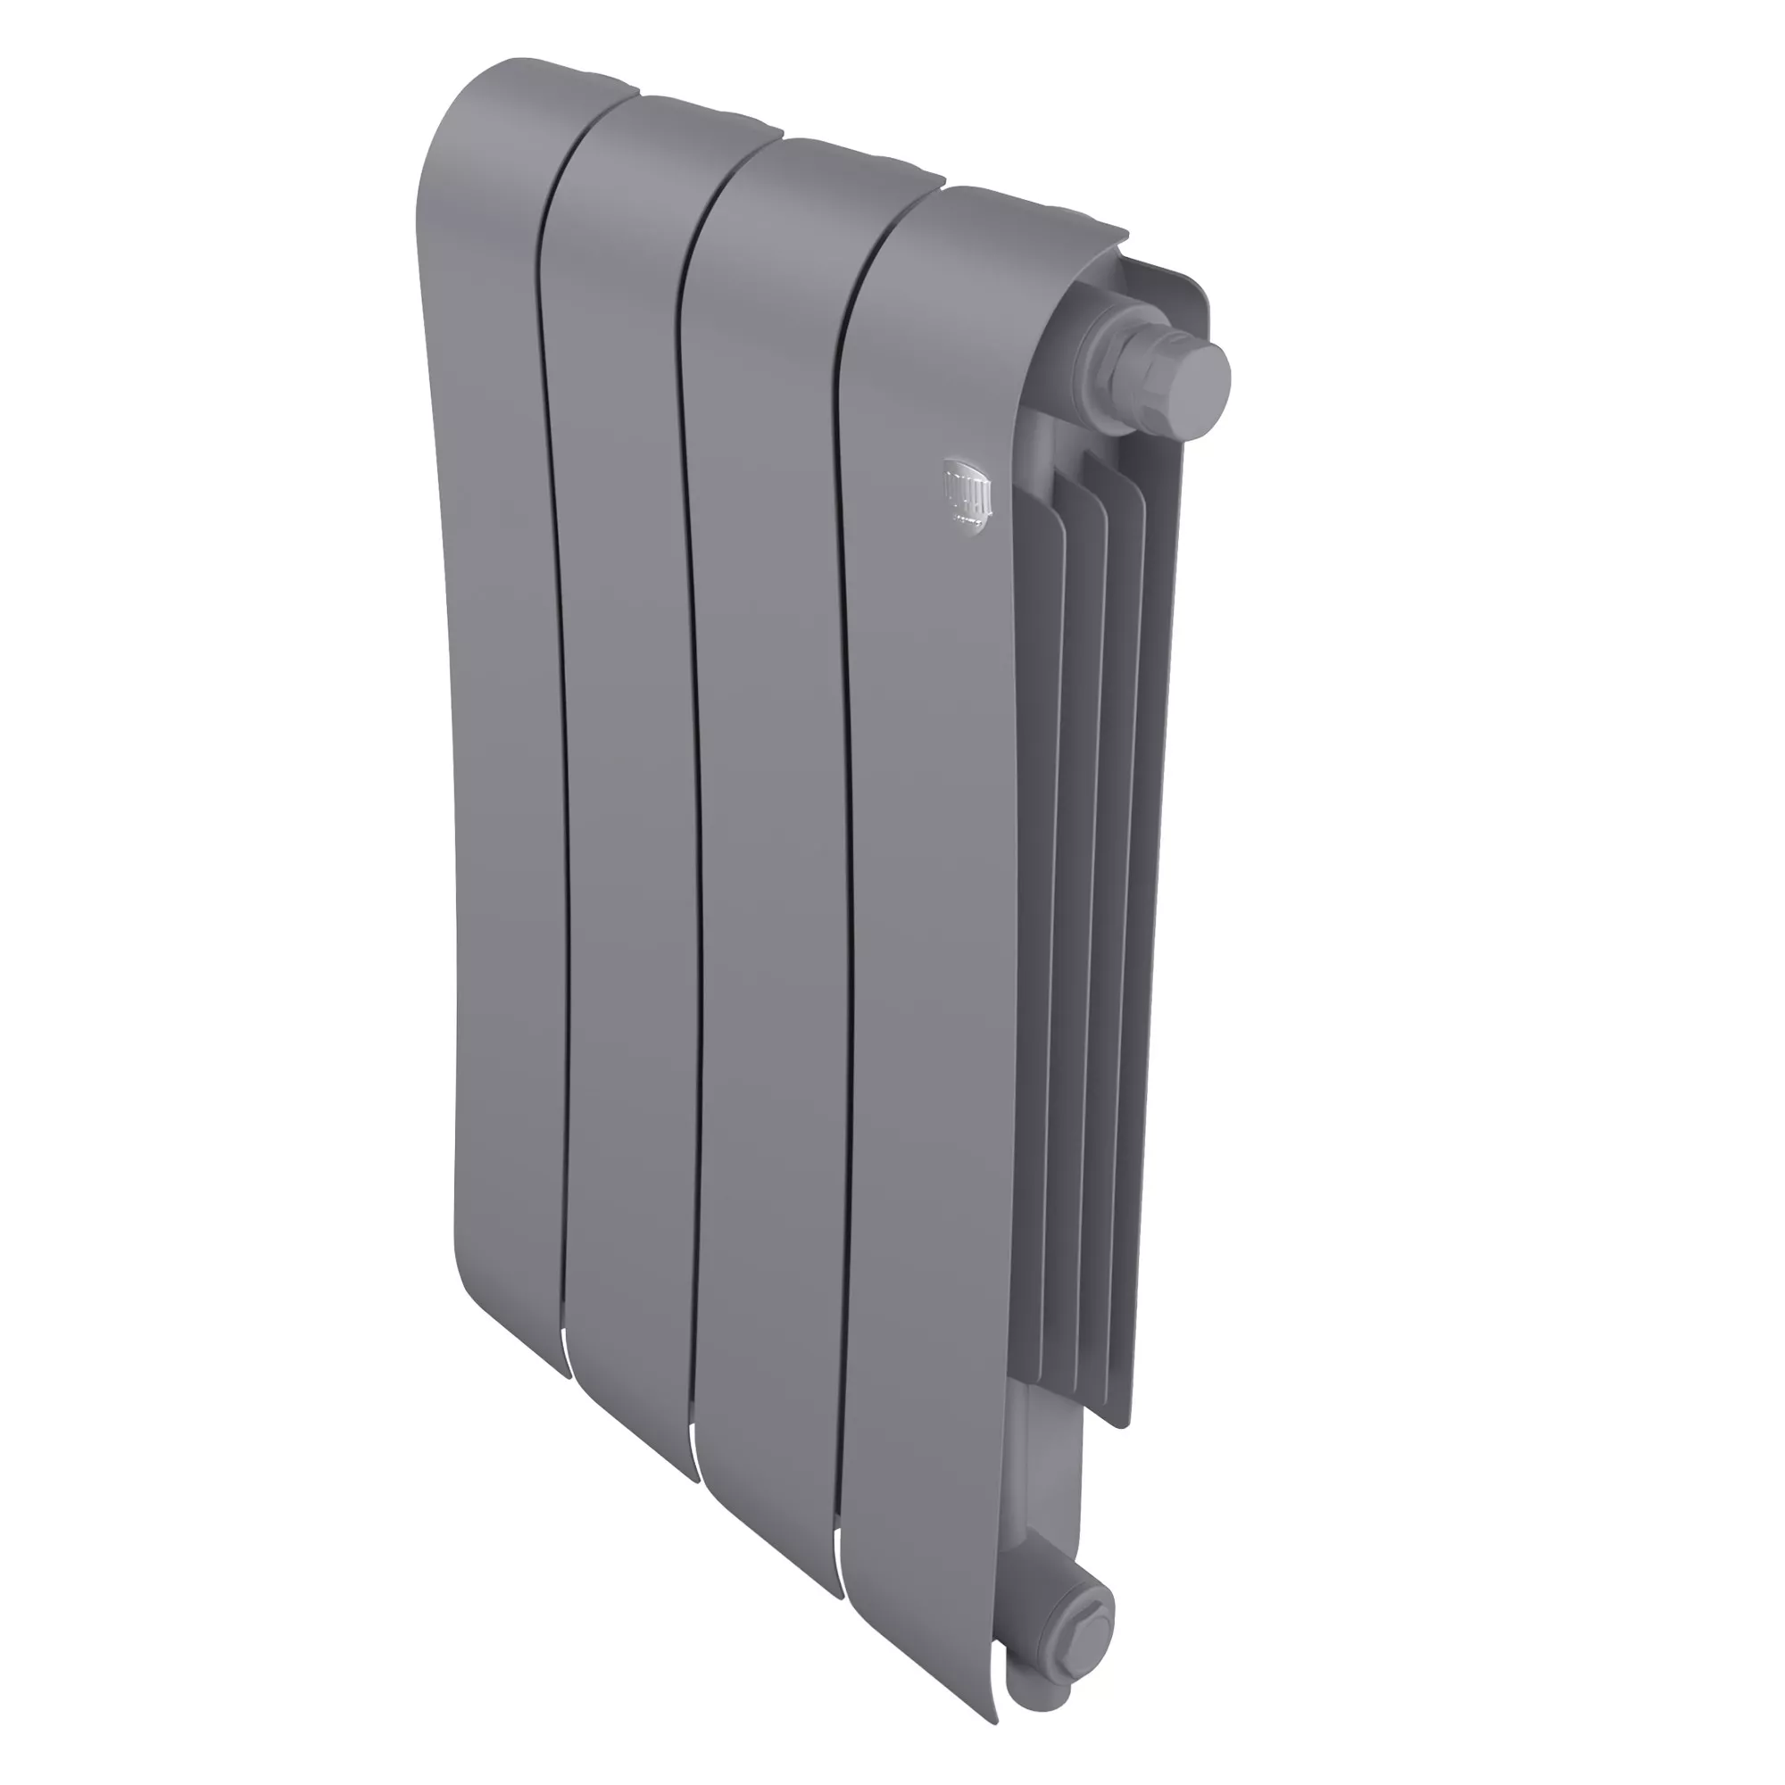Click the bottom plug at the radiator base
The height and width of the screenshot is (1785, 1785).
pos(1081,1597)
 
